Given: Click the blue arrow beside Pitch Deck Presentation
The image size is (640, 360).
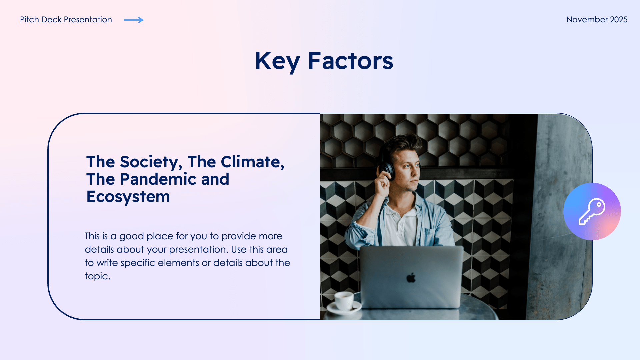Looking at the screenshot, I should pos(134,20).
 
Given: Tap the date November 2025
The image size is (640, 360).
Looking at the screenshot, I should pos(597,20).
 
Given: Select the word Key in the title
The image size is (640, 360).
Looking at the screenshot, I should pos(277,61).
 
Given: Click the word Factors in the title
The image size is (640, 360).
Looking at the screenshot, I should pos(350,61).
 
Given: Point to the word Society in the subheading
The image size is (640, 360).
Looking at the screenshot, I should pos(151,162).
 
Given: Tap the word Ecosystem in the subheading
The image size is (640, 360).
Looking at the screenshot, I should pos(128,197).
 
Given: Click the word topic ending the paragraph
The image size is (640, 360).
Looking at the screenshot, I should pos(96,276).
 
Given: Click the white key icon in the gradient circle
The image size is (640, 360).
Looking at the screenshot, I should pos(592,212).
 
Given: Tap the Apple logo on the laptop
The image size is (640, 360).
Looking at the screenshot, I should pos(411,277).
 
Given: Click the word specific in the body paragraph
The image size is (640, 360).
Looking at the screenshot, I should pos(138,263).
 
